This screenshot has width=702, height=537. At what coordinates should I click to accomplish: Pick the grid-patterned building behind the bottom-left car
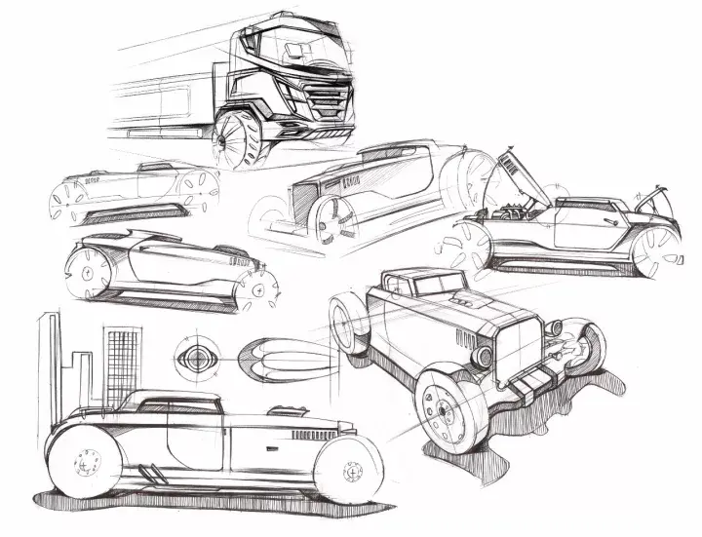click(122, 365)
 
